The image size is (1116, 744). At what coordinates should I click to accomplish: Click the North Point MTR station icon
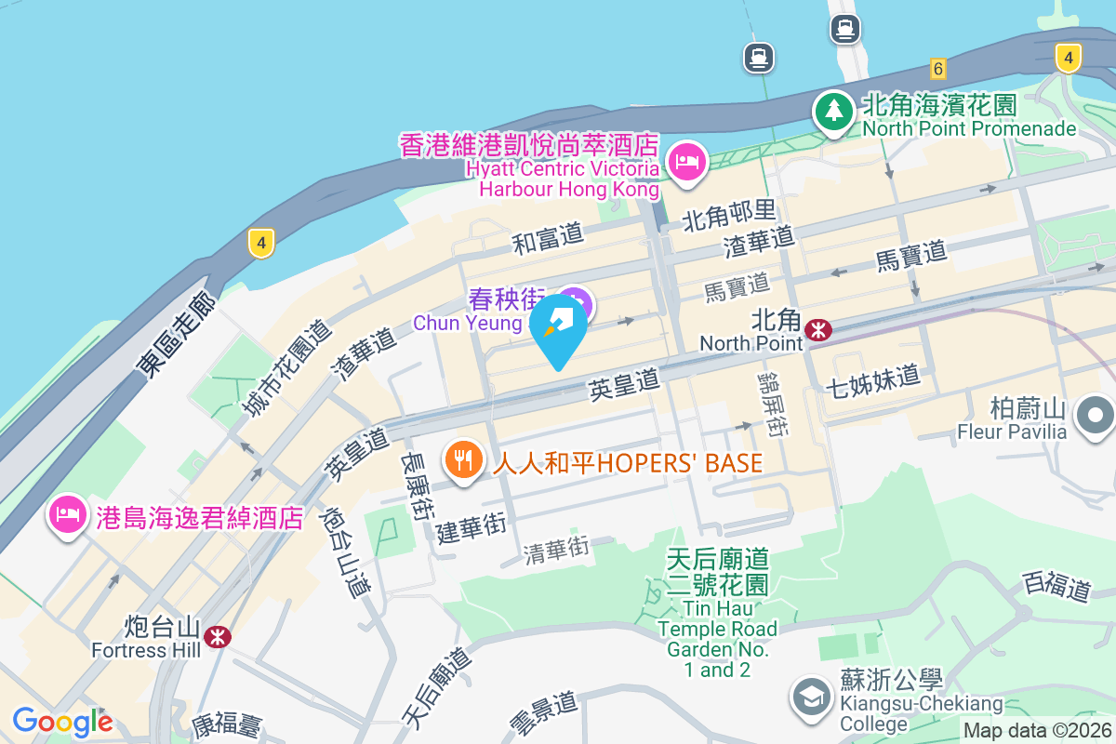click(819, 329)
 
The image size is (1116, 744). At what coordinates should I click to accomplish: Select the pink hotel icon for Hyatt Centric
click(688, 163)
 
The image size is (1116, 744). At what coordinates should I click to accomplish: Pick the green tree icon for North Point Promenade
click(833, 112)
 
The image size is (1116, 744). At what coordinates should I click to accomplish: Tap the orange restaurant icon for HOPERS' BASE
click(463, 459)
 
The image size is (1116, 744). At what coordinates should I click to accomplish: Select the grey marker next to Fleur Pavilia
click(1096, 414)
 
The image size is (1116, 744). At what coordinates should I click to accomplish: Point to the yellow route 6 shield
click(937, 68)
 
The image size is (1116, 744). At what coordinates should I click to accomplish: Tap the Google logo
click(62, 722)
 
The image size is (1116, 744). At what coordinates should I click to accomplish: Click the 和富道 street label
click(549, 238)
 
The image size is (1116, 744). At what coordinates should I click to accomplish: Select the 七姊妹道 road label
click(872, 379)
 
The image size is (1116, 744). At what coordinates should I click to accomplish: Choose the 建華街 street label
click(471, 529)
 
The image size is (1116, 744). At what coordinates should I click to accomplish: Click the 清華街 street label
click(557, 551)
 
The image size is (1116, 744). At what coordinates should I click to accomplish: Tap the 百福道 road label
click(1056, 587)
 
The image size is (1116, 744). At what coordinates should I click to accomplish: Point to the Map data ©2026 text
click(1037, 731)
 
